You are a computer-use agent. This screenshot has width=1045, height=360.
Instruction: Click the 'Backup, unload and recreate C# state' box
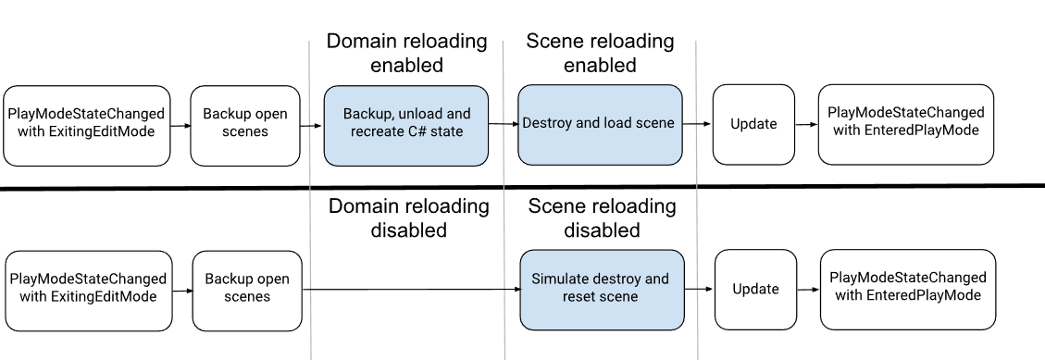tap(405, 125)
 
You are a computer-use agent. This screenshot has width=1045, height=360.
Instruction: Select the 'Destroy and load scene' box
tap(600, 125)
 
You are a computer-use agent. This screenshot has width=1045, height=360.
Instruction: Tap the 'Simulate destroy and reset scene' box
tap(602, 290)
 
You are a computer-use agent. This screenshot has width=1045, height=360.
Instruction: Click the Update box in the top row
tap(753, 125)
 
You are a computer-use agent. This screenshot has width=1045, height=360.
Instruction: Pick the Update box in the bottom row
tap(756, 290)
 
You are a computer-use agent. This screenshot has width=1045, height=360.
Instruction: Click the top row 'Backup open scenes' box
tap(245, 125)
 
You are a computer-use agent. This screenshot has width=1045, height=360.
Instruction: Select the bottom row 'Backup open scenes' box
tap(247, 291)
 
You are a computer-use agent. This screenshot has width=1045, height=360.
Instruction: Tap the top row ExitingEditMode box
tap(87, 125)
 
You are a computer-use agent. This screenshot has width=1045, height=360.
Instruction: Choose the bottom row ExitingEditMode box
tap(89, 291)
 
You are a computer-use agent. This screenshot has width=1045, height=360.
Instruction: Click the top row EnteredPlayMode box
tap(906, 125)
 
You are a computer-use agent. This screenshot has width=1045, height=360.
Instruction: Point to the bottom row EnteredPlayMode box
tap(908, 290)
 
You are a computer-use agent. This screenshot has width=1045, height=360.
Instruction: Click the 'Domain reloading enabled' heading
tap(406, 53)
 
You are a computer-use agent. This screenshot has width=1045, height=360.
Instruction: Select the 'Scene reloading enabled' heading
tap(600, 53)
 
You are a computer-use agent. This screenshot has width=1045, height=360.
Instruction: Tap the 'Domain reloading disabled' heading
tap(408, 218)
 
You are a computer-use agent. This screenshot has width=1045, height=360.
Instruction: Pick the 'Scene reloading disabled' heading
tap(602, 218)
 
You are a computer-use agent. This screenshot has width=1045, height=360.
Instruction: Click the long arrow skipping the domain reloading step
tap(411, 290)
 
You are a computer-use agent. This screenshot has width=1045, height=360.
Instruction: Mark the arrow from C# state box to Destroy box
tap(504, 124)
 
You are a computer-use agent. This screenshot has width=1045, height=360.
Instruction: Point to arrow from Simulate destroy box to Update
tap(699, 290)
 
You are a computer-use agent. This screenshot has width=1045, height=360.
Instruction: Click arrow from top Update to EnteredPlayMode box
tap(806, 125)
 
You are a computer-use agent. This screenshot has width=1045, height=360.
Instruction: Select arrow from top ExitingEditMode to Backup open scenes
tap(180, 125)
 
